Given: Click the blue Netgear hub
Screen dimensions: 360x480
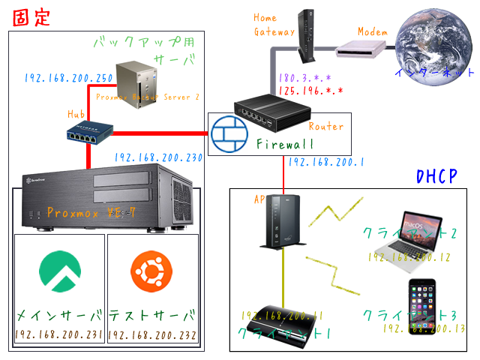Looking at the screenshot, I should pos(88,133).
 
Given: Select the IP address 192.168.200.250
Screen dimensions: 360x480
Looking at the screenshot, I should pos(69,78).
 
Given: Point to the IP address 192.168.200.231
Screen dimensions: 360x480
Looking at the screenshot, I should pos(59,334).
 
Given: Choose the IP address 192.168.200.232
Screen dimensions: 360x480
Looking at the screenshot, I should pos(153,334).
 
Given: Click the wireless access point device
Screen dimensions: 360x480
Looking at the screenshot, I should pos(281,221).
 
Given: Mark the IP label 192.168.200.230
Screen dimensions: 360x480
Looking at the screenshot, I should pos(158,158).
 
